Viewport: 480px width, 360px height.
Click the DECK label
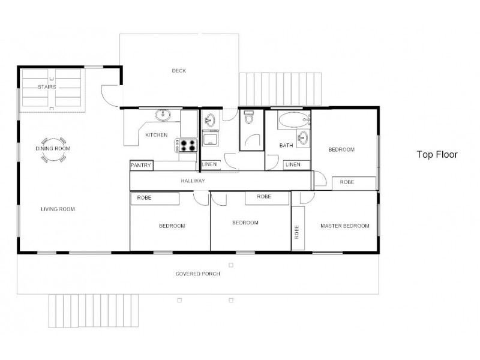179,71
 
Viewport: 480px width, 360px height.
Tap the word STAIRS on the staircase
47,87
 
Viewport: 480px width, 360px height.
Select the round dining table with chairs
53,154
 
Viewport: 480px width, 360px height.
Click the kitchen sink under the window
163,115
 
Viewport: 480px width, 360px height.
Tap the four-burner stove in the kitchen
187,145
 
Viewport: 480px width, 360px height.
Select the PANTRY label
141,165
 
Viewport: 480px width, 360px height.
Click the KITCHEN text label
156,135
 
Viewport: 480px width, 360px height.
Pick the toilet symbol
250,119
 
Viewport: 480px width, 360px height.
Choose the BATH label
286,146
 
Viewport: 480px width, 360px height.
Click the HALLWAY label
193,181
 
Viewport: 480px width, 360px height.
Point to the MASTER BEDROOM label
344,226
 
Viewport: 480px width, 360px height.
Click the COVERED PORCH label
197,274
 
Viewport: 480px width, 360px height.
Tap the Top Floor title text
437,154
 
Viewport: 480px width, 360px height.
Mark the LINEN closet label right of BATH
293,164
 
